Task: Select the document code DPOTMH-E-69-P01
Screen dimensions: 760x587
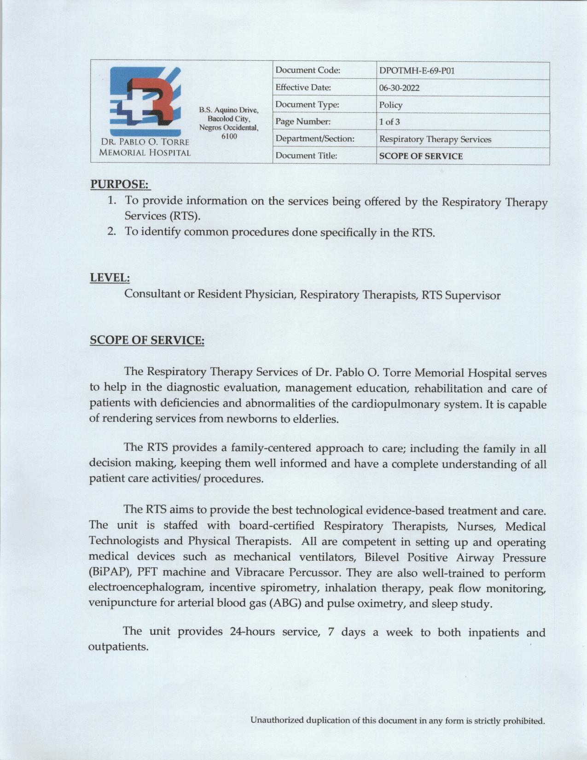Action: (417, 71)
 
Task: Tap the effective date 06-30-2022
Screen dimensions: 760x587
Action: (399, 88)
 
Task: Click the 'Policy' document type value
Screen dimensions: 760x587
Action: (390, 105)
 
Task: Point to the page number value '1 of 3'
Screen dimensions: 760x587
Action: (389, 122)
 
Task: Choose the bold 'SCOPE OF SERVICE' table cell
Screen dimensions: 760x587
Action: (421, 156)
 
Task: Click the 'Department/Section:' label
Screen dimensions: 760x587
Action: (314, 139)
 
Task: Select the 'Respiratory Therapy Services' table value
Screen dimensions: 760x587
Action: (435, 139)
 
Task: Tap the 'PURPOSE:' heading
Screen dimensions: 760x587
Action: (120, 184)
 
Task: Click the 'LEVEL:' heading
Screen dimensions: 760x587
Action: (110, 278)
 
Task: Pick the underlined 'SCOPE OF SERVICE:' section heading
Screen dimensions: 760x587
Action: (147, 340)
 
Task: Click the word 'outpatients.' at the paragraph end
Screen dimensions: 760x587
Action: (118, 647)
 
